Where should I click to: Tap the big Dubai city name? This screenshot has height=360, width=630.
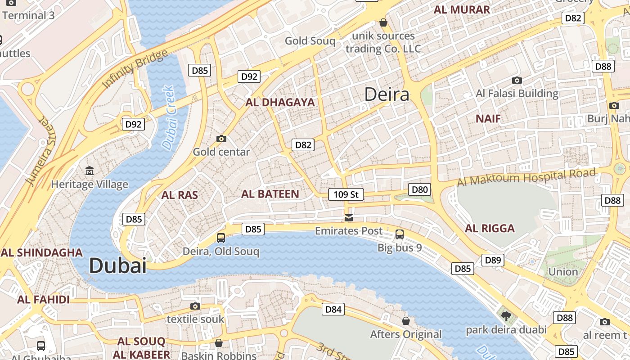click(x=118, y=265)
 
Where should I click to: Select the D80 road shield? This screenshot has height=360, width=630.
click(x=419, y=189)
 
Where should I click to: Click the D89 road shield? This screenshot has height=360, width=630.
click(x=493, y=260)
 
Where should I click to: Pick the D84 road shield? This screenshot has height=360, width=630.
click(x=333, y=309)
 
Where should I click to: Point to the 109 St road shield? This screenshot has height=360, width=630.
click(x=346, y=194)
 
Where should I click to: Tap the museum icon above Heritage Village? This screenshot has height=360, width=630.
click(x=90, y=171)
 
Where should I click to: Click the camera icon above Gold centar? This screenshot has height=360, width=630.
click(x=221, y=139)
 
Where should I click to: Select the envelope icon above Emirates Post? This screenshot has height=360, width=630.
click(x=349, y=218)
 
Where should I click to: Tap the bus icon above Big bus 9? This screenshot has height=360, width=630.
click(x=400, y=234)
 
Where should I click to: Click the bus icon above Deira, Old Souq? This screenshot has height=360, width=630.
click(x=221, y=238)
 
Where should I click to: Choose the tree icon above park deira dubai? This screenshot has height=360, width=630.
click(x=506, y=316)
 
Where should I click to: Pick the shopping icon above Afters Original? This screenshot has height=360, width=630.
click(x=406, y=321)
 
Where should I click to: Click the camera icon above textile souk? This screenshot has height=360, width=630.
click(x=195, y=306)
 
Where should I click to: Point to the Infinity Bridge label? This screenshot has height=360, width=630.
click(x=135, y=69)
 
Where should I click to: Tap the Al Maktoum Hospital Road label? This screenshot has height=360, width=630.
click(x=526, y=177)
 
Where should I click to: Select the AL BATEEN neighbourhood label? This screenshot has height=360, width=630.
click(x=270, y=194)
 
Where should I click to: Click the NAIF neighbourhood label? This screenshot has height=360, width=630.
click(x=488, y=119)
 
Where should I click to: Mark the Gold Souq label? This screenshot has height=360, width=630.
click(x=310, y=41)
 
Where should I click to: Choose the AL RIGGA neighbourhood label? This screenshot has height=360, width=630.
click(x=490, y=228)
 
